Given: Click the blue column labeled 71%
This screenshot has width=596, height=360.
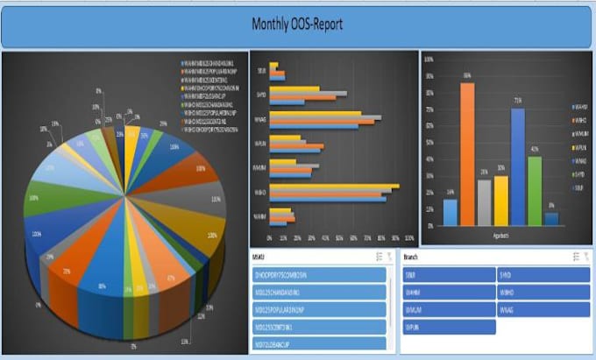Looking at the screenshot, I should click(518, 166).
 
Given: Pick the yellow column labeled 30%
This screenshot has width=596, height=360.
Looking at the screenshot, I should click(500, 201).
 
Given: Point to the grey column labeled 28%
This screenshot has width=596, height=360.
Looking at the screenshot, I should click(484, 202).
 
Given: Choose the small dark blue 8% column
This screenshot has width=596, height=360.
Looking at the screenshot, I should click(551, 219).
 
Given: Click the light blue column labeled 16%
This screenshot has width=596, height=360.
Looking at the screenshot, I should click(450, 213).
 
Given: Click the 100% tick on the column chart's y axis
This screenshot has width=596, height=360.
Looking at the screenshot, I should click(428, 59).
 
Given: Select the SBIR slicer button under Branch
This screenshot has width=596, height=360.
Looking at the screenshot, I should click(448, 275).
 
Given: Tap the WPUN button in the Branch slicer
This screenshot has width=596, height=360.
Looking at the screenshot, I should click(448, 327).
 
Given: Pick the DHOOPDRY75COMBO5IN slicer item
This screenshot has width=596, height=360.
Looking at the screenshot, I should click(319, 275).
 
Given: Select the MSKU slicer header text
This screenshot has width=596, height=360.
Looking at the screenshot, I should click(259, 257).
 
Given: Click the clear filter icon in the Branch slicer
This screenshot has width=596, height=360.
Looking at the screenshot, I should click(586, 257).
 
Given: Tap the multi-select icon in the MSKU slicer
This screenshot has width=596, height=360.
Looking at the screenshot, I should click(378, 257).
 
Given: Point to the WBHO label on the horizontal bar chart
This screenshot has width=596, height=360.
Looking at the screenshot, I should click(260, 190).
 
